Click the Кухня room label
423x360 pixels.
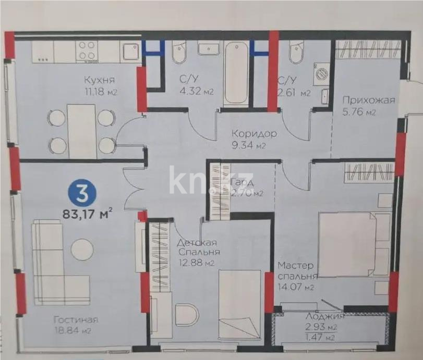[x=99, y=80]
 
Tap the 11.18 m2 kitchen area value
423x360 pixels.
[x=99, y=92]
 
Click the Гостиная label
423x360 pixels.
[x=76, y=319]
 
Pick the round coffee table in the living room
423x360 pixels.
[x=82, y=249]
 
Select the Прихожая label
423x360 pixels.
[x=368, y=100]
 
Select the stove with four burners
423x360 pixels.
[x=87, y=52]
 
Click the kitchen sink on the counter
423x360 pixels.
[x=129, y=52]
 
